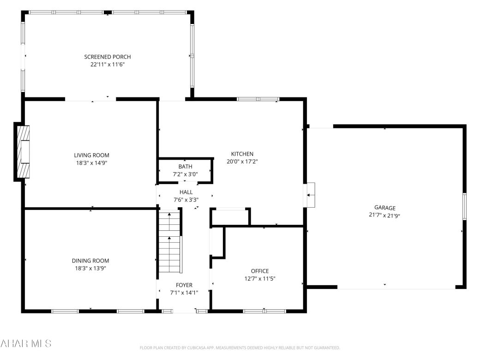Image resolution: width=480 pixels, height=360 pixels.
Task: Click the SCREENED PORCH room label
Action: [107, 57]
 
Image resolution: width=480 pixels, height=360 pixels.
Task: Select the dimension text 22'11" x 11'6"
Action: [107, 65]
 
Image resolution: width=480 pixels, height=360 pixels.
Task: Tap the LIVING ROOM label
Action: [91, 155]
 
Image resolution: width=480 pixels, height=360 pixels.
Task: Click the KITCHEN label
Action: [242, 154]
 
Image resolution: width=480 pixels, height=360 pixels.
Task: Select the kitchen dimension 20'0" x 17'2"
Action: [242, 162]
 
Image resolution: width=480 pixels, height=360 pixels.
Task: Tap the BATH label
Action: [186, 167]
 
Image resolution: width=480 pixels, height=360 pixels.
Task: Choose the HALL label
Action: [186, 192]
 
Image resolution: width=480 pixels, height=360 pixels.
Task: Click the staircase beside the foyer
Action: [169, 242]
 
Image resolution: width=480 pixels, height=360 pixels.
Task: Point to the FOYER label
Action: [184, 285]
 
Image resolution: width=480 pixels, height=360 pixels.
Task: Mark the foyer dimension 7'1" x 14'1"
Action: [184, 293]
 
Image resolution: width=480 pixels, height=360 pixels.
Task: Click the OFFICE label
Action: [259, 271]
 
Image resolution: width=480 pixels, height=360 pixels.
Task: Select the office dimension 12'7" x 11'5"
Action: [259, 278]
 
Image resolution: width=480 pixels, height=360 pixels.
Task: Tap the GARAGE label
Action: [384, 208]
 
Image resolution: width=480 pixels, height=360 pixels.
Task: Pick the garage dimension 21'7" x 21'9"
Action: [384, 215]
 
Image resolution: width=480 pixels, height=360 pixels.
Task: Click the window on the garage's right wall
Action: [464, 206]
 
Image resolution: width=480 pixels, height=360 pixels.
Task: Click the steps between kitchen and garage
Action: [310, 195]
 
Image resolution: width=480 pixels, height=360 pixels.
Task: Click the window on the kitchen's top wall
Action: [258, 99]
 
